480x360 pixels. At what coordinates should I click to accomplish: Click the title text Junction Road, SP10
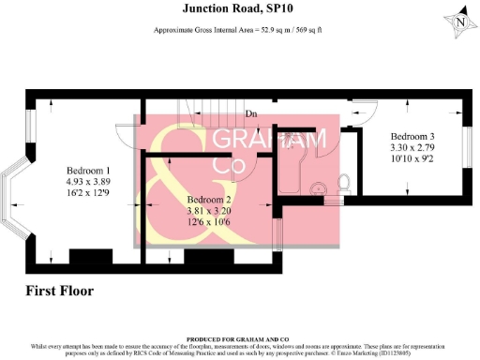click(x=239, y=8)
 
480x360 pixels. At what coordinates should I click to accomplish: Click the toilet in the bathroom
click(x=343, y=182)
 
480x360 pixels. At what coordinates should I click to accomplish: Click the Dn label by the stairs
click(x=251, y=114)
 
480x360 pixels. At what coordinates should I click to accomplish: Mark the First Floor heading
click(x=60, y=291)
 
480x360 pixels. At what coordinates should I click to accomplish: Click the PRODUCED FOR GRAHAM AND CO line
click(x=239, y=338)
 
